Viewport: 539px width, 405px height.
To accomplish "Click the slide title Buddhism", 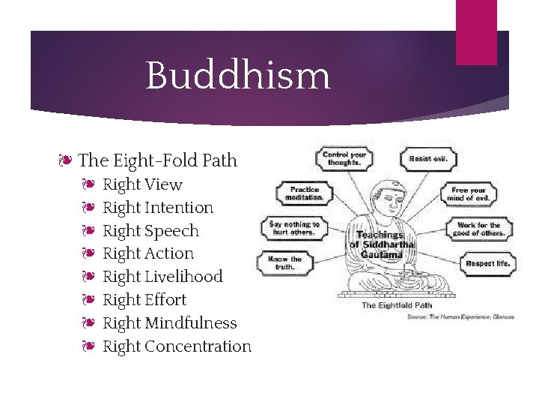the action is coord(238,76).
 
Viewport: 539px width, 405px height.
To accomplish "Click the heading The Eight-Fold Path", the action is coord(157,160).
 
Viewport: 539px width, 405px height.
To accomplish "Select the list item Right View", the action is coord(142,184).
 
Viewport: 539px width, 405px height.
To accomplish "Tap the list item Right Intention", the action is coord(158,208).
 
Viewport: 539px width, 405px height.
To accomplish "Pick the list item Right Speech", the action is coord(150,231).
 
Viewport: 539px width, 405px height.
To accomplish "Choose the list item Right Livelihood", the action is coord(162,277).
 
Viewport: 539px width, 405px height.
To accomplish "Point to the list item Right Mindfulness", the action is coord(169,323).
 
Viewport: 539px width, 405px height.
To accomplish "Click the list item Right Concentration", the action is coord(177,346).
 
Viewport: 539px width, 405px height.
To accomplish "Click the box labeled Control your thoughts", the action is coord(344,158).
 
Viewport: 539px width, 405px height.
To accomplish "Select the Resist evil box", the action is coord(429,158).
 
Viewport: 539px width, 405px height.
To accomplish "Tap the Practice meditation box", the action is coord(304,193).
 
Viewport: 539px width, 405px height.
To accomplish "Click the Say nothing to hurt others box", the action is coord(294,228).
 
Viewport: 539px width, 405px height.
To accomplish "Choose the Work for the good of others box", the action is coord(478,228).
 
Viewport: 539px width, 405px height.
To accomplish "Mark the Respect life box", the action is coord(487,263).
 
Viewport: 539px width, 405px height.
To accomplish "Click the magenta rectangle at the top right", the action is coord(476,32).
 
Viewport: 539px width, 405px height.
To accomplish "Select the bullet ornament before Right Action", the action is coord(88,254).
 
